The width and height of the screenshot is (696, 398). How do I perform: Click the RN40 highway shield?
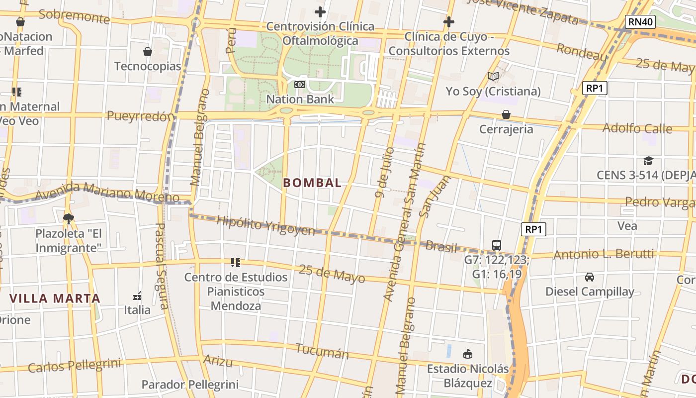640,21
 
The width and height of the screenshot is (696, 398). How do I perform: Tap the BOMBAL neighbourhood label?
312,183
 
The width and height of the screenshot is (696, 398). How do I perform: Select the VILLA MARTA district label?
55,298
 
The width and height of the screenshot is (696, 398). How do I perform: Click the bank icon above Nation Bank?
299,85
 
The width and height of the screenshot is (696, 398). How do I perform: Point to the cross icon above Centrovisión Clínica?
320,11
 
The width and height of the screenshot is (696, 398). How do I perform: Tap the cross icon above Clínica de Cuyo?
448,22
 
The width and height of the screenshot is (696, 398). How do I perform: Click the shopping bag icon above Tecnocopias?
148,51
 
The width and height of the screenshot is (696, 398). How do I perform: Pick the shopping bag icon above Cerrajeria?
506,114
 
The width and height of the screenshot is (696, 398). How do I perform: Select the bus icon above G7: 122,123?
496,245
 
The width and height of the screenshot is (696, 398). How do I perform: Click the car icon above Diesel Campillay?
589,277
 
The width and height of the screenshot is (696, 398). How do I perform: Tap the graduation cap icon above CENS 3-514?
648,161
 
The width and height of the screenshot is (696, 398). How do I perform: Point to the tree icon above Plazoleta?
68,218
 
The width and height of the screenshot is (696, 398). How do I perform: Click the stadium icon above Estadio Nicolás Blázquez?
467,354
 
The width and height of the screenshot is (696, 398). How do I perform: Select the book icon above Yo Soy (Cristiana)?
493,76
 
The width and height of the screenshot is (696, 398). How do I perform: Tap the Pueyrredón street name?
141,116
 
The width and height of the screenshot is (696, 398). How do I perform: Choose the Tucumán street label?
322,351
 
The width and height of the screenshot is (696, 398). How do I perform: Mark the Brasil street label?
441,246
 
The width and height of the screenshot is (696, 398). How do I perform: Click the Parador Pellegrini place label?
190,385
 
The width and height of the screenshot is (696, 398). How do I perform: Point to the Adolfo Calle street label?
637,128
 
